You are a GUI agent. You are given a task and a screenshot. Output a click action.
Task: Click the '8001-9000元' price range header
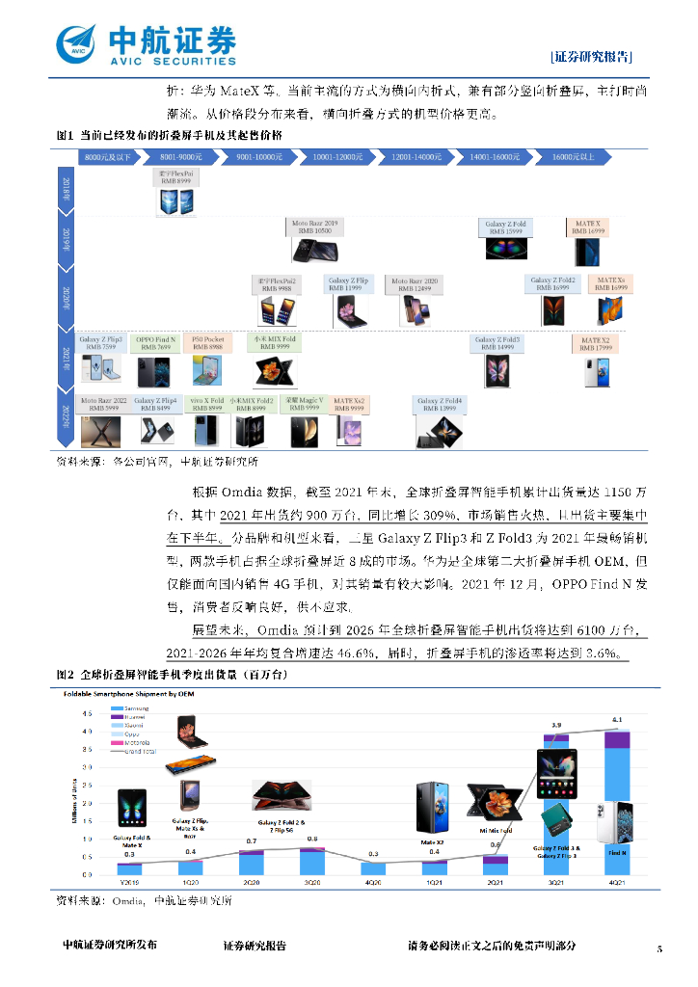click(180, 156)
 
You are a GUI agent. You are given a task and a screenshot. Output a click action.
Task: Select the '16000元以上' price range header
click(578, 156)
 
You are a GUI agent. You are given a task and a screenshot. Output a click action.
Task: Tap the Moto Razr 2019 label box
click(315, 227)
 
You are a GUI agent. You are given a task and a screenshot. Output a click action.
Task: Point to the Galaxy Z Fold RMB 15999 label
click(506, 227)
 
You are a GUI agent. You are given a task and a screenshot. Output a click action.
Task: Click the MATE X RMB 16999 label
click(587, 227)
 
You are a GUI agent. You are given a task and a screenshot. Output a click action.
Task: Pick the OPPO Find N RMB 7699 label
click(155, 343)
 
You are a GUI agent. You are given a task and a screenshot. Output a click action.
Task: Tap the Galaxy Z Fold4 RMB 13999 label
click(440, 404)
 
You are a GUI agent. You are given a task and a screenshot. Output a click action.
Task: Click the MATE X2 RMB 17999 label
click(595, 343)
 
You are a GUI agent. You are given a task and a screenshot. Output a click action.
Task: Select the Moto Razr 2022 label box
click(102, 404)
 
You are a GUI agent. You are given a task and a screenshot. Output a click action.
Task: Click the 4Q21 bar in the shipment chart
click(617, 804)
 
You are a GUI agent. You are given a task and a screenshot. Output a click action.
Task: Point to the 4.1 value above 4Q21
click(617, 720)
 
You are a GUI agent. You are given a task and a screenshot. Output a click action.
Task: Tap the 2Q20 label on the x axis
click(253, 883)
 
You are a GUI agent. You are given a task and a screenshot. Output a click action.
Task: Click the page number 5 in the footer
click(659, 949)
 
